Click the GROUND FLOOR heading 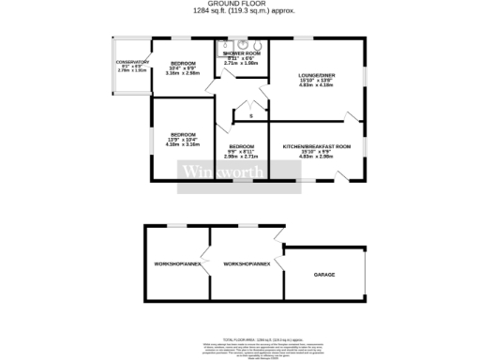[x=240, y=4]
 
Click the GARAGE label [x=324, y=275]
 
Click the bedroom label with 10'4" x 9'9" [x=183, y=62]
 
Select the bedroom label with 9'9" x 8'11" [x=242, y=146]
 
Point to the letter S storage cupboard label [x=251, y=115]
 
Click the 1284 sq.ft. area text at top [x=240, y=11]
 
